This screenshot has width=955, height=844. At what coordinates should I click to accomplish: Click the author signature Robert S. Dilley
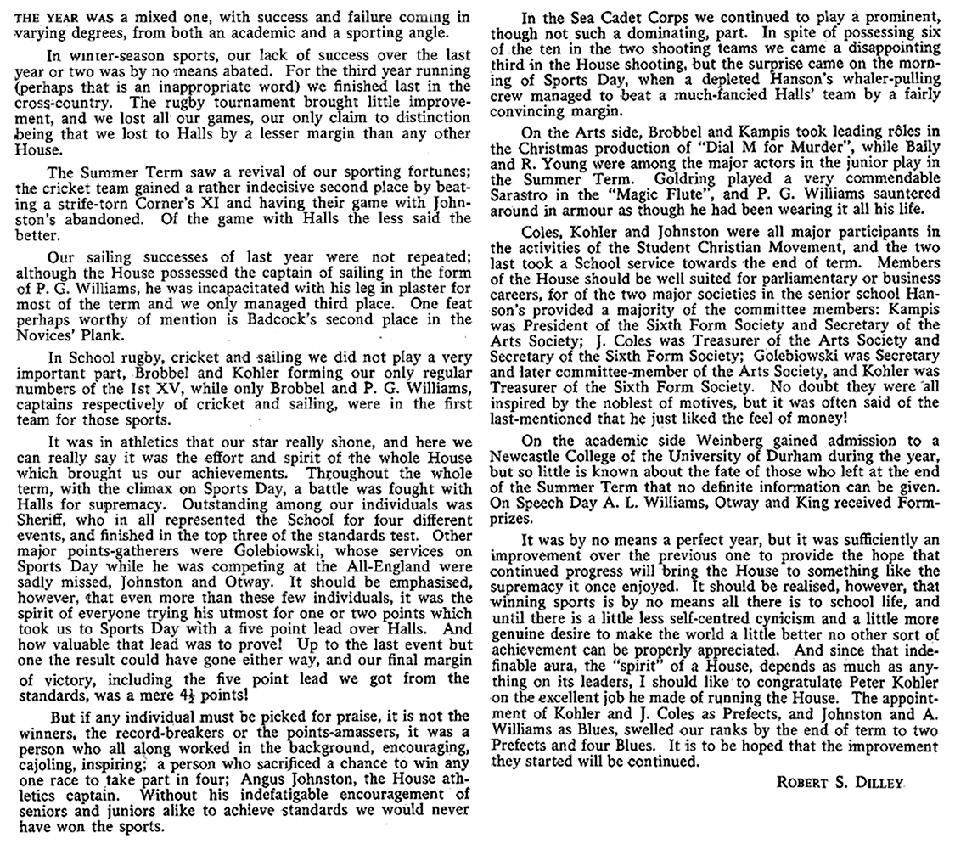(840, 782)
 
